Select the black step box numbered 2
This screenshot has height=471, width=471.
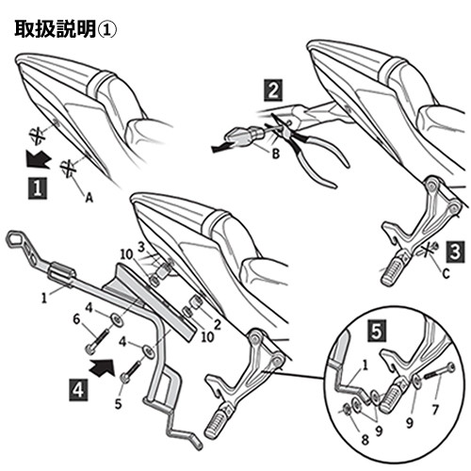(272, 91)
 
